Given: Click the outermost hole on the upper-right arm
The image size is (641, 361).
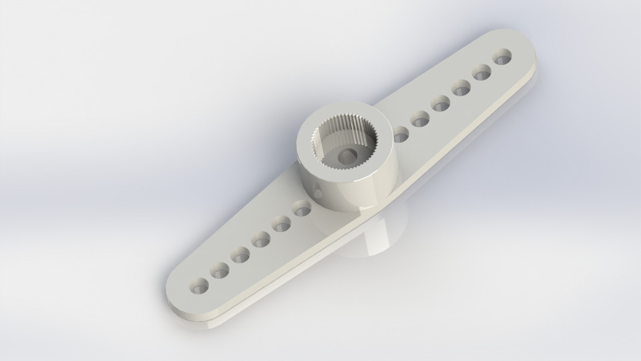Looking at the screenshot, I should click(x=502, y=55).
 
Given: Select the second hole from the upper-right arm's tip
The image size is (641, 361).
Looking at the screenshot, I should click(x=482, y=71).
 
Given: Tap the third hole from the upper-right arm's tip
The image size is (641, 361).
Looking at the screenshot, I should click(x=461, y=87).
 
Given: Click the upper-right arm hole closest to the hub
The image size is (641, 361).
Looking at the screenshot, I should click(x=401, y=134).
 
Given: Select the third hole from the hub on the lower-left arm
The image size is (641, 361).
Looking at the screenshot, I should click(x=260, y=237).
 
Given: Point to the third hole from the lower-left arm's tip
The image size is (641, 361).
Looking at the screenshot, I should click(x=239, y=254).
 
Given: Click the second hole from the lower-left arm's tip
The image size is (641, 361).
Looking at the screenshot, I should click(x=218, y=270).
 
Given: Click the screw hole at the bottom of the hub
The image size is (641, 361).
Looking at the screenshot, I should click(x=346, y=156).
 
